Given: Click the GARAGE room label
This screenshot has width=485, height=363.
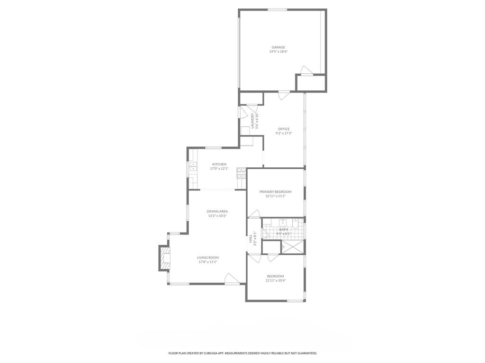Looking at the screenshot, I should pyautogui.click(x=278, y=47).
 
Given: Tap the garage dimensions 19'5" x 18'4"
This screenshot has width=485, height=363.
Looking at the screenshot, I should pyautogui.click(x=278, y=52).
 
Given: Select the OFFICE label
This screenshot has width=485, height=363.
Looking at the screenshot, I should pyautogui.click(x=284, y=129).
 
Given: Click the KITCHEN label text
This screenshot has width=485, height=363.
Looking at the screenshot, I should pyautogui.click(x=219, y=164).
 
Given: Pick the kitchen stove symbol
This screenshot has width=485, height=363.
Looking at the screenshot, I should pyautogui.click(x=242, y=172).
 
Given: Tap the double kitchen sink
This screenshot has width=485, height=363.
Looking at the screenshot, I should pyautogui.click(x=193, y=166).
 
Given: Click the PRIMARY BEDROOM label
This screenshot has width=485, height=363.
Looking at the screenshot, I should pyautogui.click(x=275, y=192).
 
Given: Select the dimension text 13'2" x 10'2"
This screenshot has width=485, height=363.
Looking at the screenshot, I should pyautogui.click(x=217, y=216).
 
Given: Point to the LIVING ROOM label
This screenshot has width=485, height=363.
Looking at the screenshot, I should pyautogui.click(x=207, y=258).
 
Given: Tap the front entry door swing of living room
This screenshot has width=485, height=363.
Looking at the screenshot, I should pyautogui.click(x=231, y=279).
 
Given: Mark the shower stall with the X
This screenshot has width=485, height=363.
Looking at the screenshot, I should pyautogui.click(x=293, y=247).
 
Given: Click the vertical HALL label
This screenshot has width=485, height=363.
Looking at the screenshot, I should pyautogui.click(x=251, y=239).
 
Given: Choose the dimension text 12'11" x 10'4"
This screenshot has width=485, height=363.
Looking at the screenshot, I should pyautogui.click(x=275, y=280).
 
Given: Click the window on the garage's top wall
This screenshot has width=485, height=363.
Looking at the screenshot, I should pyautogui.click(x=277, y=9).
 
